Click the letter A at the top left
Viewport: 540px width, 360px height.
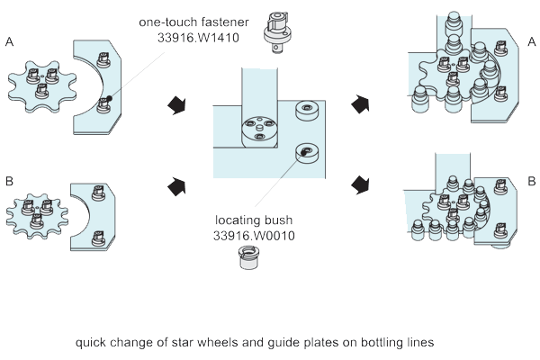point(9,41)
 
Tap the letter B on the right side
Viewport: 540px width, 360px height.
point(531,181)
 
